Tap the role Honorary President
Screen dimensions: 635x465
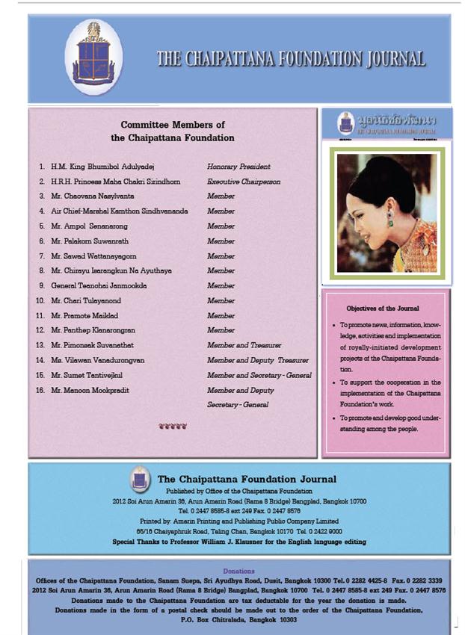click(x=238, y=166)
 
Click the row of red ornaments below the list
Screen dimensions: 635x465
click(x=173, y=427)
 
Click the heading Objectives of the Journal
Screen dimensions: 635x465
click(x=382, y=308)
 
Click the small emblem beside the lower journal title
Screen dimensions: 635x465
click(x=139, y=478)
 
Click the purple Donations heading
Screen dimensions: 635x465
click(x=238, y=571)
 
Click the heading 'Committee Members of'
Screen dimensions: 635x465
click(x=172, y=125)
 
